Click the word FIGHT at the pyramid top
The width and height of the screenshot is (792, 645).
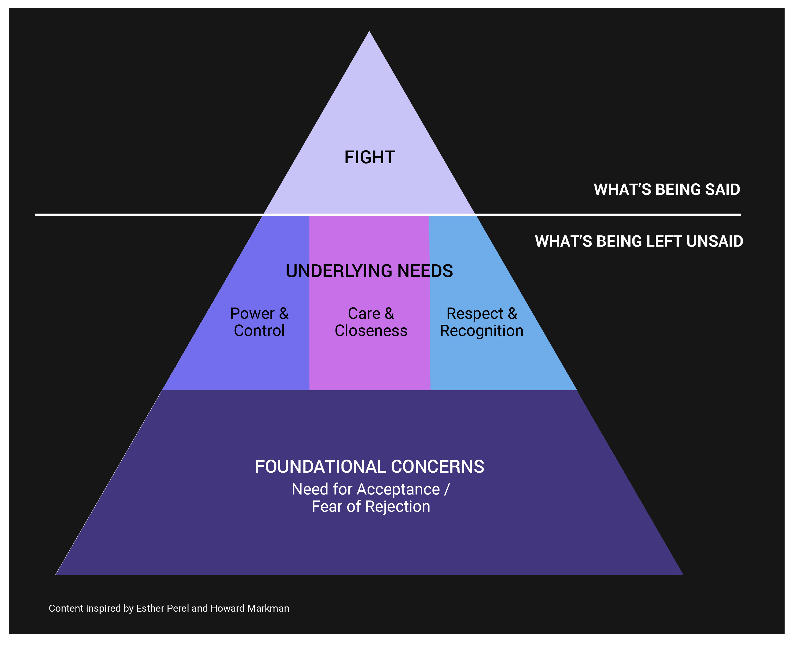pos(369,157)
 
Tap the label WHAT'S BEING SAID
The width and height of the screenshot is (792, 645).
pos(666,190)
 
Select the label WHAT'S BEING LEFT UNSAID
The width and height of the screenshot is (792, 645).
pos(639,241)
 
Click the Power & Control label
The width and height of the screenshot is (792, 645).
pos(259,322)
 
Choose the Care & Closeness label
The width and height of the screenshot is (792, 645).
pos(371,322)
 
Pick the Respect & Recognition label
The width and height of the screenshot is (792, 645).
pos(482,322)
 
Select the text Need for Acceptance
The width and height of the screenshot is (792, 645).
pos(366,489)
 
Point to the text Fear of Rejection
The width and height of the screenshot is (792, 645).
pos(371,506)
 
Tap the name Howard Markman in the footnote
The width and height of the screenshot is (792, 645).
pos(250,608)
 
